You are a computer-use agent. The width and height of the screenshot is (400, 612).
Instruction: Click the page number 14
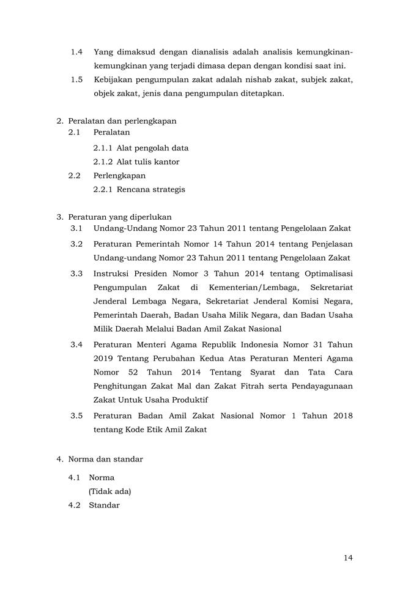coord(348,558)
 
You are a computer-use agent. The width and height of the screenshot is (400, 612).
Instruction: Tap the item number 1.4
coord(76,52)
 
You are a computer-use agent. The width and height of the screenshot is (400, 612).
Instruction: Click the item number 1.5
coord(76,80)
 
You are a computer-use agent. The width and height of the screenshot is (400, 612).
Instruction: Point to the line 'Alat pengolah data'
coord(152,148)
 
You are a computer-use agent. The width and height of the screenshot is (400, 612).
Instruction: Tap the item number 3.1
coord(76,229)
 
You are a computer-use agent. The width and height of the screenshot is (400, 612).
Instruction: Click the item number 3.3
coord(76,273)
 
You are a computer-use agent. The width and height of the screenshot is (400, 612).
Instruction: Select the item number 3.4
coord(76,345)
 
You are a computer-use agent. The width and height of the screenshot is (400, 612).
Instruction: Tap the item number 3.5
coord(76,416)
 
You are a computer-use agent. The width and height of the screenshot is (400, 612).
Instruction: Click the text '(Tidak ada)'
coord(110,491)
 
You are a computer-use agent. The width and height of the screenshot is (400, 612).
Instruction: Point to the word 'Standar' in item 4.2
coord(104,506)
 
